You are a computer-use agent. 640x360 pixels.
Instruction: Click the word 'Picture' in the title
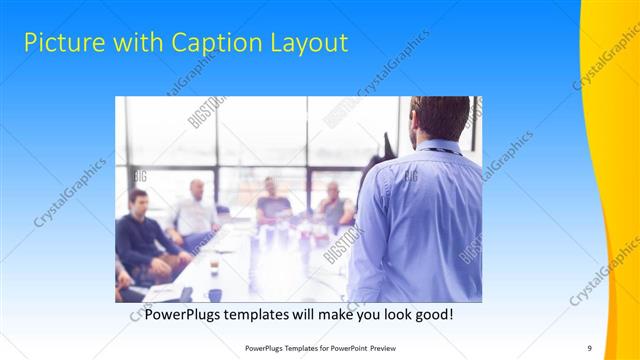pyautogui.click(x=60, y=43)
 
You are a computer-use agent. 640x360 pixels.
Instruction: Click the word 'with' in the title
pyautogui.click(x=133, y=43)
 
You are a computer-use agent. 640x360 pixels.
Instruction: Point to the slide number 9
pyautogui.click(x=589, y=347)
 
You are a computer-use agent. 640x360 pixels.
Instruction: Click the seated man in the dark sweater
pyautogui.click(x=140, y=235)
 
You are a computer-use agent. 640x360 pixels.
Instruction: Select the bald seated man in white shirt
pyautogui.click(x=194, y=210)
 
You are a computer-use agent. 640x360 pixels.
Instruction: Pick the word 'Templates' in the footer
pyautogui.click(x=292, y=347)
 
